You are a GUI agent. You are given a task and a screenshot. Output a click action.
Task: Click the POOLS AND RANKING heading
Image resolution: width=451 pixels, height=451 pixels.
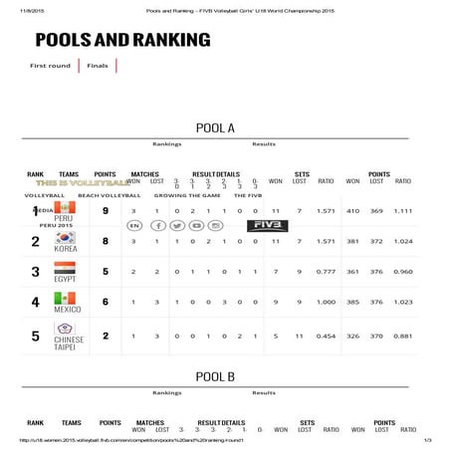pos(122,40)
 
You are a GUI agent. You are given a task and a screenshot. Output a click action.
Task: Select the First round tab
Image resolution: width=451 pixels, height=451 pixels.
pos(50,66)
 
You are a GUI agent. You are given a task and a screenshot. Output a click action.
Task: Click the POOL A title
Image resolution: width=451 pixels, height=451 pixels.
pos(215,127)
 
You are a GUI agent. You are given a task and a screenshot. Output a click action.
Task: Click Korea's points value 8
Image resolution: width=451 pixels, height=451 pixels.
pos(106,241)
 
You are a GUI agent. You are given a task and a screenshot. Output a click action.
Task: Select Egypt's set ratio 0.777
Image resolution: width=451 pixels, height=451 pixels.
pos(325,272)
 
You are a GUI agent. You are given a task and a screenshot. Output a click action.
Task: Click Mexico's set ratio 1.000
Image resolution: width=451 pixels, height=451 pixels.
pos(325,303)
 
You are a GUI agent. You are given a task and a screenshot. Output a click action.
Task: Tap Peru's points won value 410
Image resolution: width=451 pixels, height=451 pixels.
pos(352,211)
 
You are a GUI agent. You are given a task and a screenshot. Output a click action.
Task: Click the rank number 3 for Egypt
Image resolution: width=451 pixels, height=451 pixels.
pos(35,272)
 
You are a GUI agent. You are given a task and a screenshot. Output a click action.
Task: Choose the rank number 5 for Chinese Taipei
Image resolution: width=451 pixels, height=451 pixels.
pos(35,336)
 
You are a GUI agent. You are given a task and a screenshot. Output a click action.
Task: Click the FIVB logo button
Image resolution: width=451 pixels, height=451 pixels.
pos(266,226)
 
